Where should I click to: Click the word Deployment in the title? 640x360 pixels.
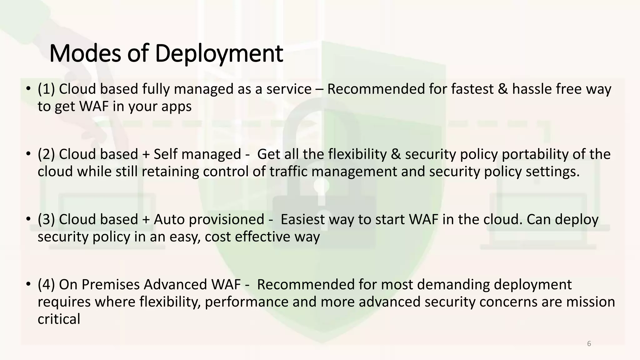click(x=219, y=54)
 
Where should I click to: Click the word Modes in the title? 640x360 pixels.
click(x=85, y=54)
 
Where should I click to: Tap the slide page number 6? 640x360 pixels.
click(x=589, y=344)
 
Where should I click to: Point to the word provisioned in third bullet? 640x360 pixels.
click(x=227, y=219)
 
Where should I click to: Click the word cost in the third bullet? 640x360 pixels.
click(x=218, y=237)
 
